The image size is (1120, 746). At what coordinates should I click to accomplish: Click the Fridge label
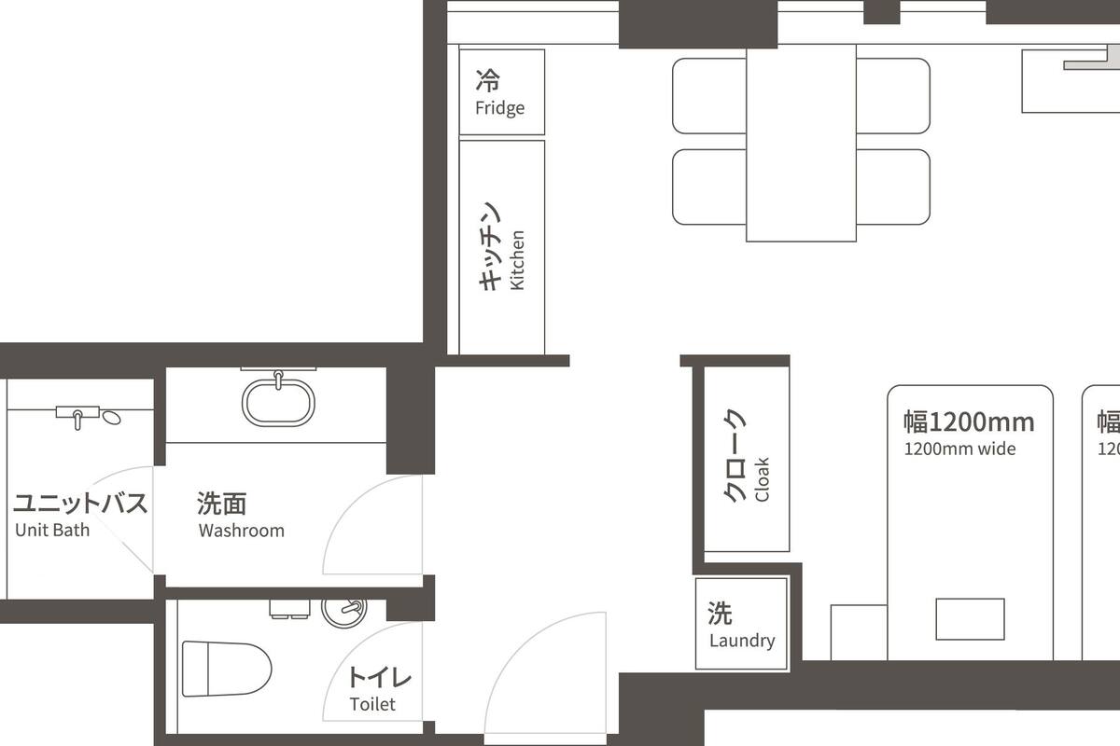coord(499,108)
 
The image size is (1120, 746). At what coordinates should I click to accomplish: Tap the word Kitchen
coord(518,260)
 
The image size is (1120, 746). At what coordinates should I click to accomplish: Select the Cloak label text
coord(763,479)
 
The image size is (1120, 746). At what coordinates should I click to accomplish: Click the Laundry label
coord(742,641)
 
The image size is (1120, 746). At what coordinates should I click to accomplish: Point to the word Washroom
coord(241,531)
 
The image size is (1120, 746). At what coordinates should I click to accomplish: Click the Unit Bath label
coord(52,531)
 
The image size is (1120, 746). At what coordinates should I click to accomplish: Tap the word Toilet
coord(372,704)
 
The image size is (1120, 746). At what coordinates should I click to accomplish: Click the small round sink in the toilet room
coord(343,612)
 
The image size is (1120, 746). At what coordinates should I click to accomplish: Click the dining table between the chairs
coord(801,143)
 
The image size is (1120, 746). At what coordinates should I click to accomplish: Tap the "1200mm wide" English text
coord(959,449)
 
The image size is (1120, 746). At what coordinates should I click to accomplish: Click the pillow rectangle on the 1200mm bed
coord(970,619)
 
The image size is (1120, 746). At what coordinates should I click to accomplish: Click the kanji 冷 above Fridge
coord(486,78)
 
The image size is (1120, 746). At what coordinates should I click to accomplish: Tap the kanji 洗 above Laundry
coord(720,613)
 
